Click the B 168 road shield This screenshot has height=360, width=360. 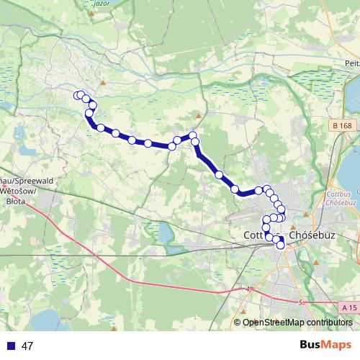[343, 126]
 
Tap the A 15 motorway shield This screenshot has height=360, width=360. [349, 307]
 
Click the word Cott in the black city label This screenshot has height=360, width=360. [256, 235]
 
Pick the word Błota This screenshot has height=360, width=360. [14, 202]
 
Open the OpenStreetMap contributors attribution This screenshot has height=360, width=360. [297, 323]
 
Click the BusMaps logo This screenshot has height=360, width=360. [326, 345]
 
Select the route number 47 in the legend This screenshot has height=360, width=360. [28, 346]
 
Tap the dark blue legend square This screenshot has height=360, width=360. [11, 346]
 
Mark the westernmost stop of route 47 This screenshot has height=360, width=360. [77, 96]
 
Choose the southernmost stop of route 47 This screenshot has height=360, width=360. [281, 246]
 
